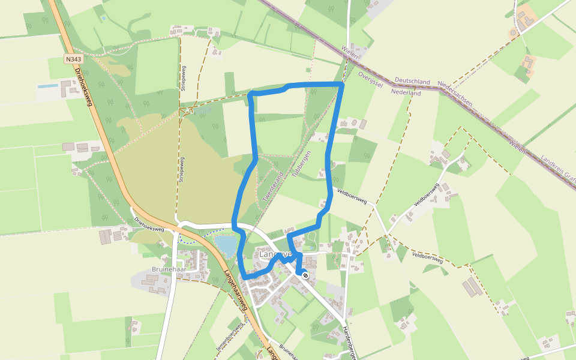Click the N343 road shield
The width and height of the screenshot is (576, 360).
pyautogui.click(x=74, y=59)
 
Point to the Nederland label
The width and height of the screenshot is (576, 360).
pyautogui.click(x=406, y=93)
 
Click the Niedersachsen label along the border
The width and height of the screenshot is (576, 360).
pyautogui.click(x=455, y=94)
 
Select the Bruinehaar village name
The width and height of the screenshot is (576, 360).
pyautogui.click(x=170, y=269)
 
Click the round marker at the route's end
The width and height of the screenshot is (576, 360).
pyautogui.click(x=305, y=275)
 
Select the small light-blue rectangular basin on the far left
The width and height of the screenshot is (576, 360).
pyautogui.click(x=48, y=86)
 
